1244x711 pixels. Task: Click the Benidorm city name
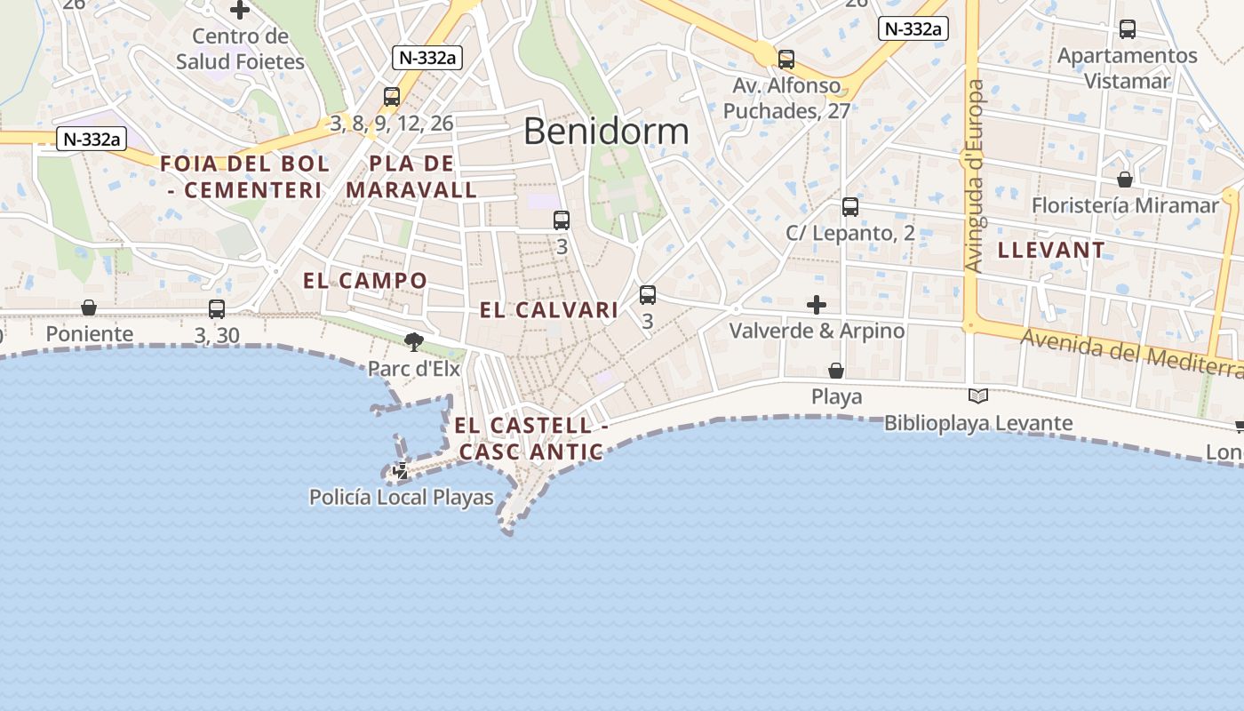pyautogui.click(x=606, y=132)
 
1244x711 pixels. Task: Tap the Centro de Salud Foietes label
pyautogui.click(x=240, y=49)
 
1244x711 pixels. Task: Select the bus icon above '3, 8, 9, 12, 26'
pyautogui.click(x=392, y=97)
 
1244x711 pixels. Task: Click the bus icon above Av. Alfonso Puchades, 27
pyautogui.click(x=786, y=60)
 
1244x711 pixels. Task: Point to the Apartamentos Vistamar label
pyautogui.click(x=1127, y=68)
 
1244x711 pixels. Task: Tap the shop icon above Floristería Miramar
pyautogui.click(x=1125, y=180)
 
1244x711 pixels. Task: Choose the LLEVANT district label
pyautogui.click(x=1051, y=250)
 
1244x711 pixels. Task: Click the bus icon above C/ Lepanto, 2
pyautogui.click(x=850, y=207)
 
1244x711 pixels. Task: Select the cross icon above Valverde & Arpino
pyautogui.click(x=817, y=305)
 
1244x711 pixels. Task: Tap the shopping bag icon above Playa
pyautogui.click(x=836, y=370)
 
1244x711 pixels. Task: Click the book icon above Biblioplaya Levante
pyautogui.click(x=978, y=396)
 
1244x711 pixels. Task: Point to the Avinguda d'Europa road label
pyautogui.click(x=976, y=176)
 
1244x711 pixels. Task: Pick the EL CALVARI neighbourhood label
pyautogui.click(x=549, y=310)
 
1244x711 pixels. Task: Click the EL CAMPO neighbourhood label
pyautogui.click(x=365, y=281)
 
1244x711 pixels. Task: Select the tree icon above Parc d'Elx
pyautogui.click(x=413, y=341)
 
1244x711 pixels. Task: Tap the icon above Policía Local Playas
pyautogui.click(x=402, y=471)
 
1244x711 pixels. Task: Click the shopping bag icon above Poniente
pyautogui.click(x=89, y=308)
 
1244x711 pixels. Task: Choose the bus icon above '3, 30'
pyautogui.click(x=217, y=309)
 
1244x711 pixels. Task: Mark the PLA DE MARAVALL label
pyautogui.click(x=411, y=177)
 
